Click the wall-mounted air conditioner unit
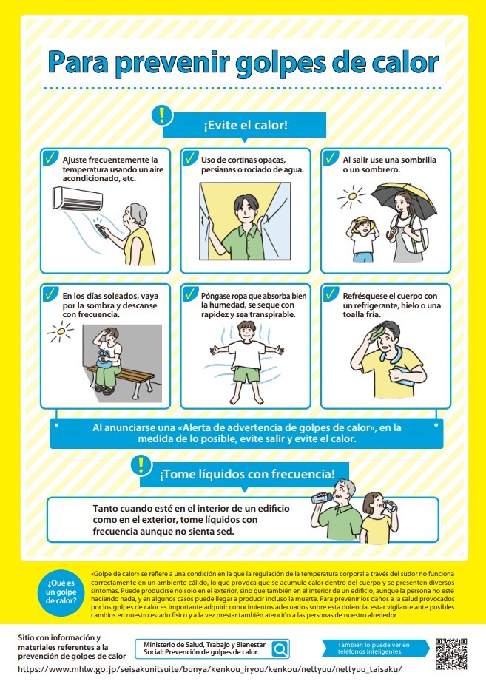(78, 198)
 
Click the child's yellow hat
(363, 223)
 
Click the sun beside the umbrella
(351, 196)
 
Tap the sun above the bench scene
(61, 332)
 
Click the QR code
(451, 654)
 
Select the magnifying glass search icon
(280, 649)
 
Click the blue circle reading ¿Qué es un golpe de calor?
(61, 592)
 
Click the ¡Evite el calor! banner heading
(245, 125)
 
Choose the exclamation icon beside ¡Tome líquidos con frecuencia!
(141, 465)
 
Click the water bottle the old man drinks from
(322, 498)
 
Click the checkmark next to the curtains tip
(190, 158)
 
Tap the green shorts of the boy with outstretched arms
(247, 375)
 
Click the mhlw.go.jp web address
(210, 669)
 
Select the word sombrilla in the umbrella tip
(419, 160)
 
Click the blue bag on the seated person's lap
(104, 357)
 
